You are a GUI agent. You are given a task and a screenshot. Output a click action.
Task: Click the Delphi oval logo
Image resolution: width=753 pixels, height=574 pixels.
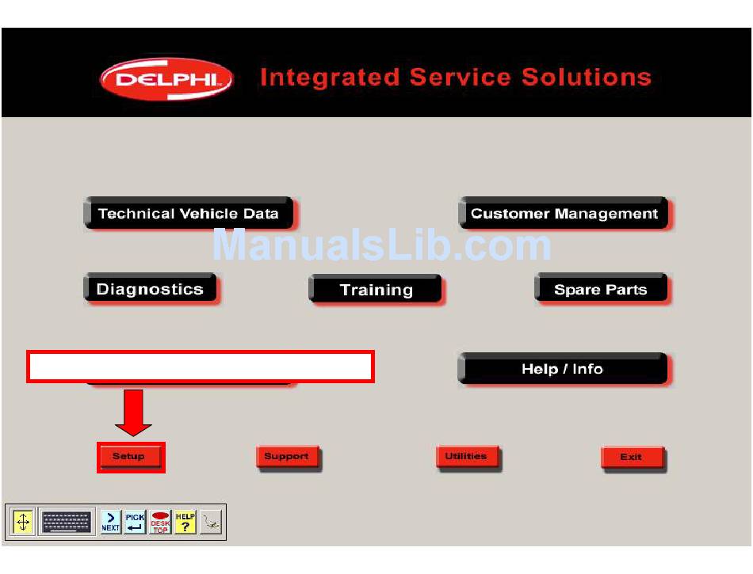[166, 79]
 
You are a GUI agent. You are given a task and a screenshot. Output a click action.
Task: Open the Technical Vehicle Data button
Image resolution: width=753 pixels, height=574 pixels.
[189, 213]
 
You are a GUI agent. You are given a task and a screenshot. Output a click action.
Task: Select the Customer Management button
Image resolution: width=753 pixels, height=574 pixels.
[564, 213]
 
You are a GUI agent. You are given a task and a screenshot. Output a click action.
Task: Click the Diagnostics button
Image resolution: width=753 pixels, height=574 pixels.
[151, 289]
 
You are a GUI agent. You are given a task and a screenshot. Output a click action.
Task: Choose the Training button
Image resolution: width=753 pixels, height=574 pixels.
[376, 289]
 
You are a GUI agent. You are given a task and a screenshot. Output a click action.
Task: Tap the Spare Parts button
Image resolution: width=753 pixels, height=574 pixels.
[602, 289]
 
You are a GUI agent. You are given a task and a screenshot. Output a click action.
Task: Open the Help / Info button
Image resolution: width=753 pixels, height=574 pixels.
[563, 369]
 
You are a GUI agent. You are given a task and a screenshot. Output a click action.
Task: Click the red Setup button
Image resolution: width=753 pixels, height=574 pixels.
[128, 456]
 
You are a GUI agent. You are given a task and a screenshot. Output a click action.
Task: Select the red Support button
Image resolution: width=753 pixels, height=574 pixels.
[288, 457]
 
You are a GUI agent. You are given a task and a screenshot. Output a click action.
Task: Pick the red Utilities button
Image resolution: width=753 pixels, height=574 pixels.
[468, 457]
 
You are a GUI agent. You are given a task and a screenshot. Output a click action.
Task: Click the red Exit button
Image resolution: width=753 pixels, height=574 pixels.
[633, 458]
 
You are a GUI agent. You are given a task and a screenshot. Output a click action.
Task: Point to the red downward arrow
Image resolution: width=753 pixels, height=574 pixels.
[133, 412]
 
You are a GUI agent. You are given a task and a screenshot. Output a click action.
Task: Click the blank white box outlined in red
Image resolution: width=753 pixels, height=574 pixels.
[201, 367]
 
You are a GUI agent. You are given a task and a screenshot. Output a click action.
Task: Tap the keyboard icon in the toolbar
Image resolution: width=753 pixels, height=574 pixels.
[67, 522]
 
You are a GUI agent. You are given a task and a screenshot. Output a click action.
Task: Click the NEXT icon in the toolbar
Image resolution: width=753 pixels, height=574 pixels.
[111, 522]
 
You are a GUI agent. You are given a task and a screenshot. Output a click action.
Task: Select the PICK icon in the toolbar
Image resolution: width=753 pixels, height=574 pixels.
[135, 522]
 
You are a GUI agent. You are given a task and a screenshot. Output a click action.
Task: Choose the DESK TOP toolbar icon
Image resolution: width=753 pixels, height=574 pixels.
[160, 522]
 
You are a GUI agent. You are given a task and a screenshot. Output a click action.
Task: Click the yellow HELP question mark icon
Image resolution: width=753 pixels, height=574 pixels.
[185, 522]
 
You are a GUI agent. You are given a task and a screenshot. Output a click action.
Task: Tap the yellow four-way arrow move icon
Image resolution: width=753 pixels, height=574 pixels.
[22, 522]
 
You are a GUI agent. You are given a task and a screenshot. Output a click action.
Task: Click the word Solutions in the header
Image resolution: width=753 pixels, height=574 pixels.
[587, 78]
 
